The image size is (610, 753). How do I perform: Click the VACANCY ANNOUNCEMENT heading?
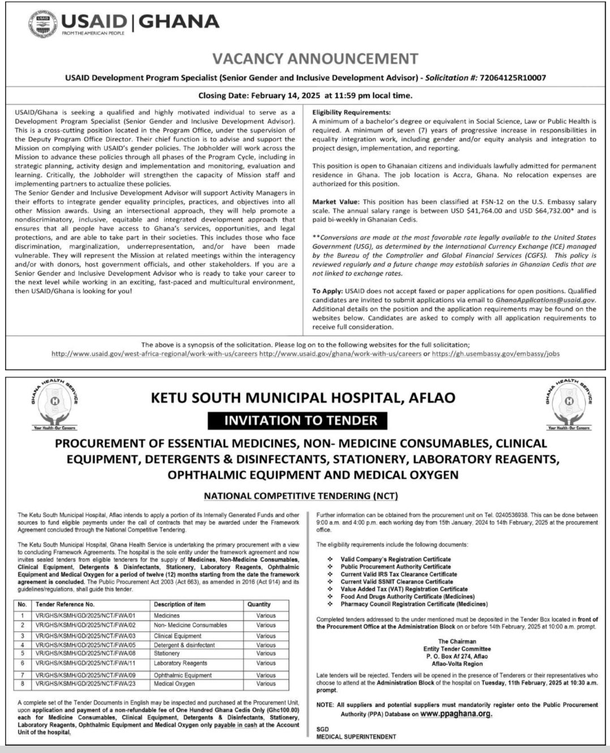(x=315, y=59)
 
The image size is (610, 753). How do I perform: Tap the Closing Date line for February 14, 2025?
(x=305, y=96)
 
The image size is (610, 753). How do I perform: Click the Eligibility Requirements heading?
(x=351, y=112)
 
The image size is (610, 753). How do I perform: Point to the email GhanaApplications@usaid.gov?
(x=544, y=300)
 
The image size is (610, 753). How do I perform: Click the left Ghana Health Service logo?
(x=55, y=404)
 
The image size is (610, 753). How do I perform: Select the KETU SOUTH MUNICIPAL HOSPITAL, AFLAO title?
(x=303, y=398)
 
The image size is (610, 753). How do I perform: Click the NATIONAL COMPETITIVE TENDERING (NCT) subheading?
(x=300, y=496)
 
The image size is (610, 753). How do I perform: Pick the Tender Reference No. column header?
(x=65, y=604)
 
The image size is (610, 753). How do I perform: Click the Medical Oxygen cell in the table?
(x=174, y=683)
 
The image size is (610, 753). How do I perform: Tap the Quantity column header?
(x=259, y=604)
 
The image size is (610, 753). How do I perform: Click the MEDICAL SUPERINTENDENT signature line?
(x=356, y=737)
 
